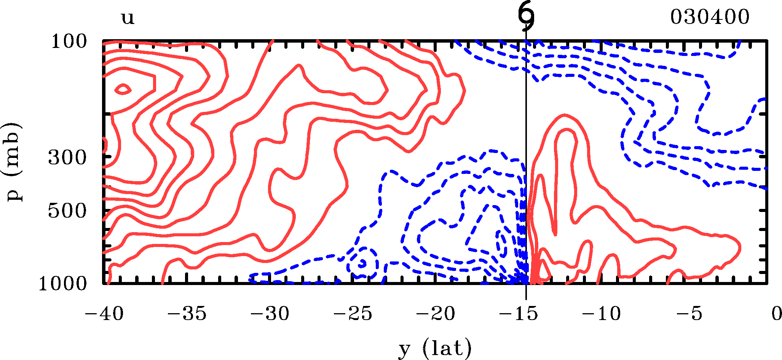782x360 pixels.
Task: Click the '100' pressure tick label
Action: pyautogui.click(x=69, y=41)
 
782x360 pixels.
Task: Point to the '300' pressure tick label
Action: pyautogui.click(x=67, y=157)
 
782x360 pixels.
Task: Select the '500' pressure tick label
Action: pyautogui.click(x=67, y=210)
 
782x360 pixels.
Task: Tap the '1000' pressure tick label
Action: pyautogui.click(x=63, y=284)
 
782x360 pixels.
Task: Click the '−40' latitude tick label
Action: pyautogui.click(x=104, y=314)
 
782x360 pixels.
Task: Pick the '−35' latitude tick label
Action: pyautogui.click(x=187, y=314)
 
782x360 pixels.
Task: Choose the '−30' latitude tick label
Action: pyautogui.click(x=270, y=314)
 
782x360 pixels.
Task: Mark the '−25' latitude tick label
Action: pyautogui.click(x=353, y=314)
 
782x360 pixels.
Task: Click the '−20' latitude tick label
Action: pyautogui.click(x=436, y=314)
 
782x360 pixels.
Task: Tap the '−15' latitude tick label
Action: pyautogui.click(x=519, y=314)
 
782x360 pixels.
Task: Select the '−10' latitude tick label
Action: pyautogui.click(x=602, y=314)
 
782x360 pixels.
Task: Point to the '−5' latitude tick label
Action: pyautogui.click(x=689, y=314)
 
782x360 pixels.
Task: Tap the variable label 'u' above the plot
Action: pyautogui.click(x=128, y=18)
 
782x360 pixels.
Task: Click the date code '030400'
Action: pyautogui.click(x=710, y=17)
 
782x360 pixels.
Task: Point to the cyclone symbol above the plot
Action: pyautogui.click(x=526, y=17)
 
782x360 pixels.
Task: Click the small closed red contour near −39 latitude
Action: pyautogui.click(x=123, y=90)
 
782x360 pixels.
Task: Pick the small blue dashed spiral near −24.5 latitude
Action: pyautogui.click(x=363, y=263)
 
